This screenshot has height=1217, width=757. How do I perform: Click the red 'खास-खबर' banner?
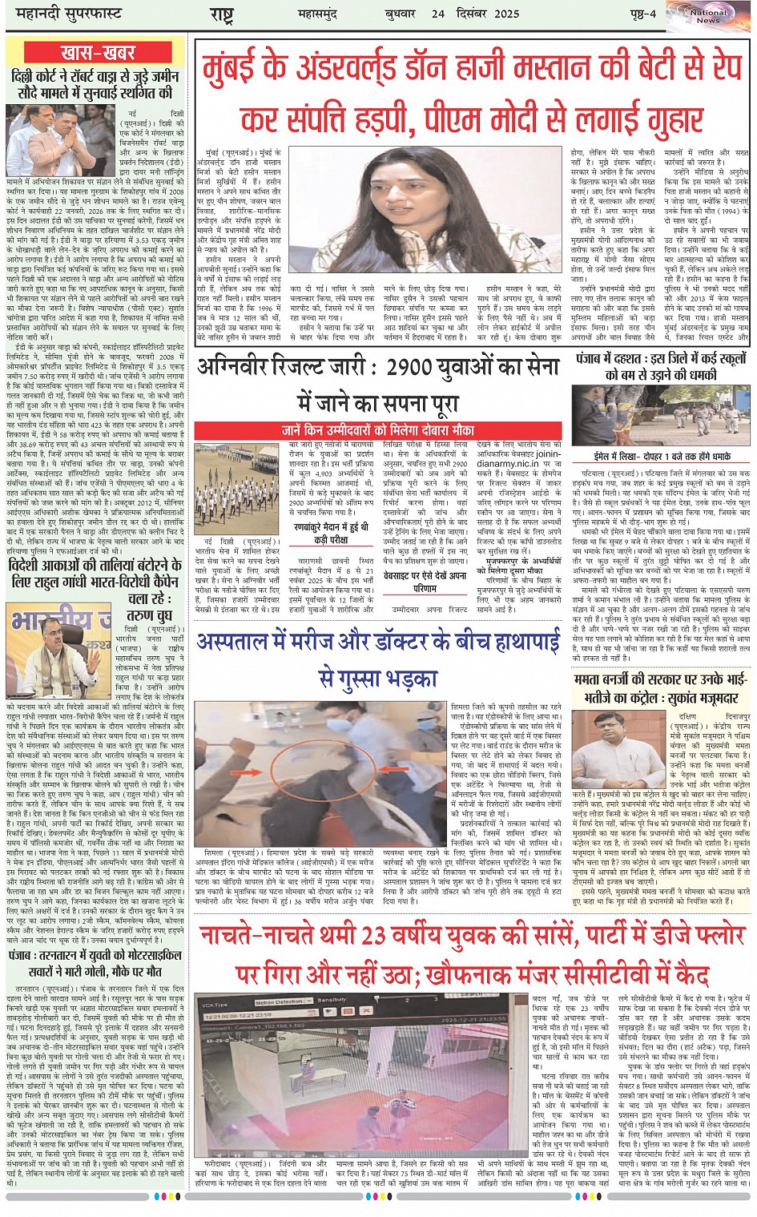coord(98,53)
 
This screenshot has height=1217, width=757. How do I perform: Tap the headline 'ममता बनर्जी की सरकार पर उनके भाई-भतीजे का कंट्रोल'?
coord(662,689)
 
